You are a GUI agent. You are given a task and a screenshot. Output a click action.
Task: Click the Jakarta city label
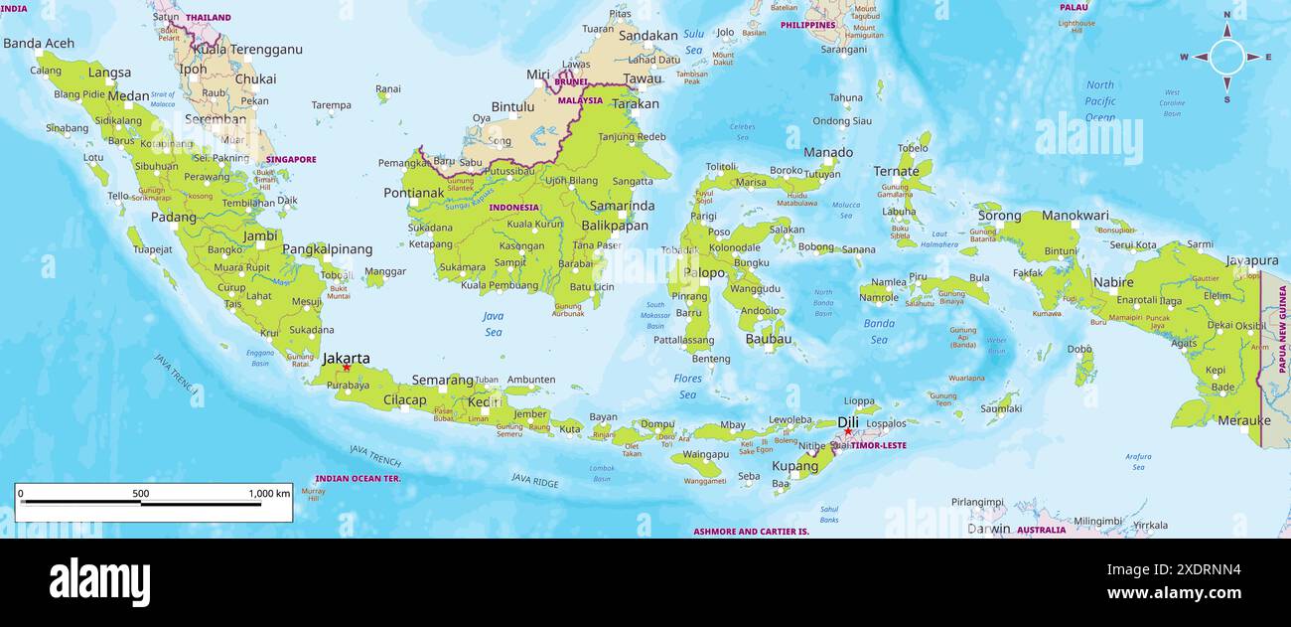click(347, 358)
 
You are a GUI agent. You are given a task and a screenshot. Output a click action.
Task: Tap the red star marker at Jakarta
click(347, 369)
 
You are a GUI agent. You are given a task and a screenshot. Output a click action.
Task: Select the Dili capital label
click(848, 421)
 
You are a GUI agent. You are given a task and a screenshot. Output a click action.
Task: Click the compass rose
click(1226, 57)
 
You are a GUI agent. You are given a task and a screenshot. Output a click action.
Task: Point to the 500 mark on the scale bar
click(141, 493)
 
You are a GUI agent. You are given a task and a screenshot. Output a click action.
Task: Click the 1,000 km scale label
click(269, 493)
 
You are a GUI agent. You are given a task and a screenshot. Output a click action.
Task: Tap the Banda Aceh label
click(39, 43)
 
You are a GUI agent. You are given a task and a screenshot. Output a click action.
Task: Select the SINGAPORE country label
click(291, 159)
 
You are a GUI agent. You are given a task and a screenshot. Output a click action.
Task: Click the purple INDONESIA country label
click(513, 208)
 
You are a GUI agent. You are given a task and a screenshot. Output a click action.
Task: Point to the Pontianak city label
click(413, 192)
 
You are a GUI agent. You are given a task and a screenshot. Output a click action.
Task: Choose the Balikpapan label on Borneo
click(615, 226)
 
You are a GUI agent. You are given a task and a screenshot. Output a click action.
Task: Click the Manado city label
click(827, 152)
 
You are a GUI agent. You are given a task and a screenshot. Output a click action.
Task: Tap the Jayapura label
click(1250, 260)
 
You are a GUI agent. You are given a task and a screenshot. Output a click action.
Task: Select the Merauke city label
click(1243, 420)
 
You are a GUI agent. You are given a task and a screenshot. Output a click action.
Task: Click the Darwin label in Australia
click(988, 529)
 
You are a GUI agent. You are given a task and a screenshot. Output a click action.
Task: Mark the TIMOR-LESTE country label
click(878, 445)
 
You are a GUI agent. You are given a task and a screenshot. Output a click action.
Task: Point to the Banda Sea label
click(879, 331)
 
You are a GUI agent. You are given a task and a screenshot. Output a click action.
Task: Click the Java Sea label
click(494, 323)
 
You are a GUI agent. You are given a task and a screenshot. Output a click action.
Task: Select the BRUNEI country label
click(571, 81)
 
